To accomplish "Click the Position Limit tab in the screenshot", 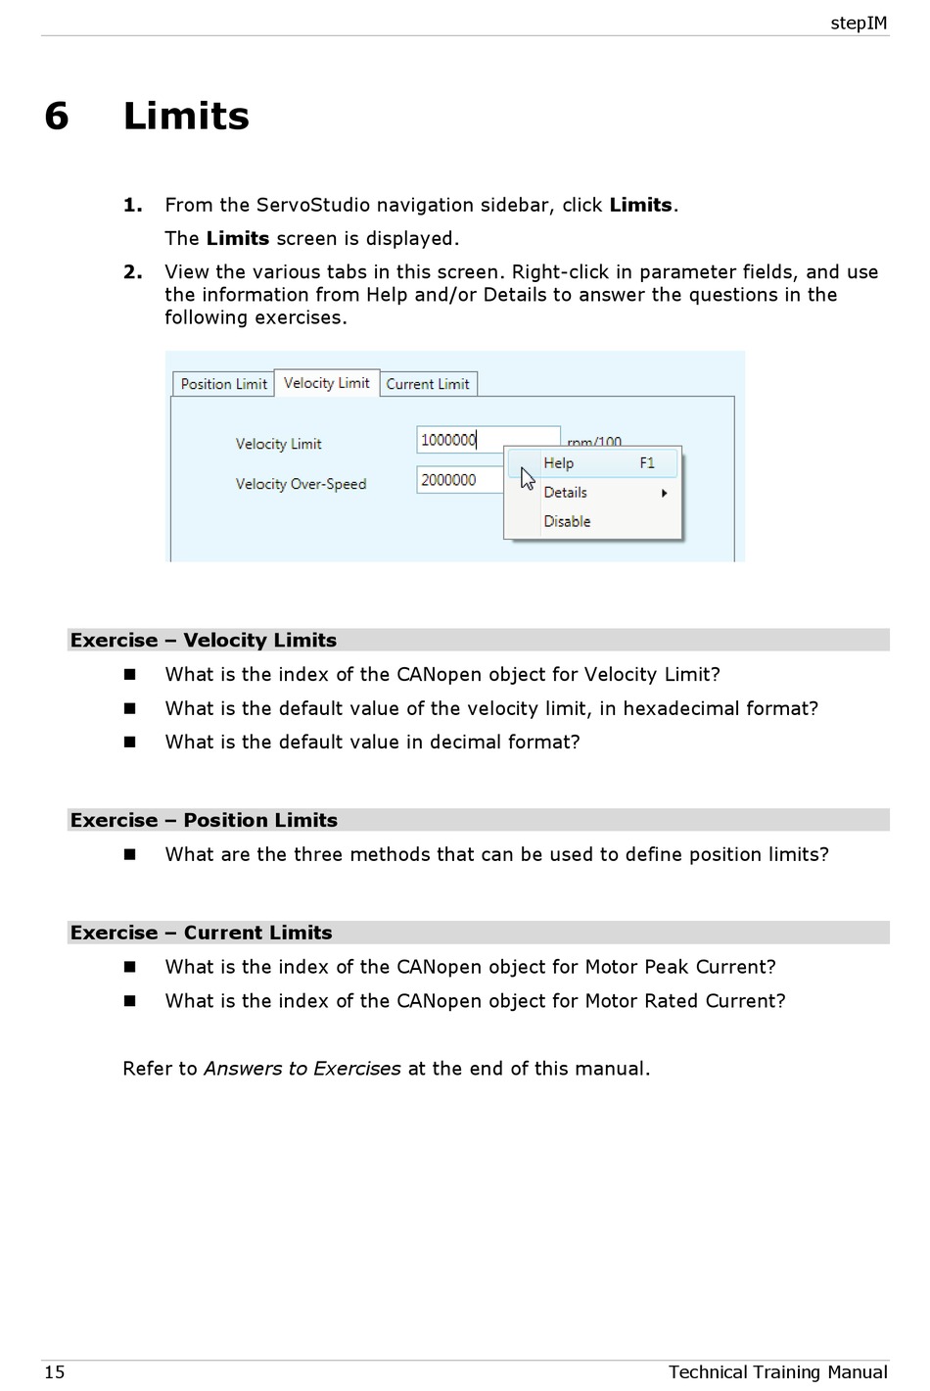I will click(223, 384).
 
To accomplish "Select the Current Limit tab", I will click(428, 384).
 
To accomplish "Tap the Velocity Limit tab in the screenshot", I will click(326, 383).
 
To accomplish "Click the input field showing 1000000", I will click(487, 440).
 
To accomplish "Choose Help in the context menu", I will click(559, 463).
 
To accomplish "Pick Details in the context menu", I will click(566, 493).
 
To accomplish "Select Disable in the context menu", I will click(568, 521).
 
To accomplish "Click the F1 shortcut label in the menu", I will click(647, 463).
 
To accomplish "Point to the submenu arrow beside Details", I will click(665, 493).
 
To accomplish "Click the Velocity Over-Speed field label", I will click(301, 484).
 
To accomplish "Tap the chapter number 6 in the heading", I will click(57, 116).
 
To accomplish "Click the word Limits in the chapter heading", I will click(186, 116).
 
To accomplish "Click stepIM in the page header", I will click(859, 23).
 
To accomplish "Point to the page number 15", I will click(55, 1371).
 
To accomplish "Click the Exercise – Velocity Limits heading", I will click(204, 641).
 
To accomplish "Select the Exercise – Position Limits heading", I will click(204, 821).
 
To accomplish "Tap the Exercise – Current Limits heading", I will click(202, 934).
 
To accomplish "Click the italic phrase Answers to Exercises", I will click(302, 1069).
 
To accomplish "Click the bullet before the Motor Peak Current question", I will click(129, 967).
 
